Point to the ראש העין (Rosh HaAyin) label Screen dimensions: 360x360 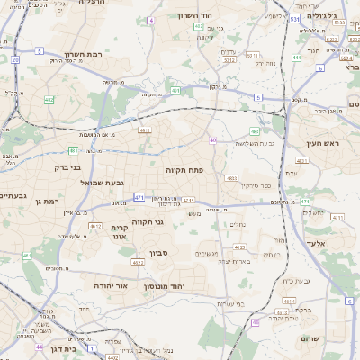click(319, 143)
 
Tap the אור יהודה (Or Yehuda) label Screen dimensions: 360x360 click(100, 285)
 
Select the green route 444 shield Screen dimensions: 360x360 click(296, 58)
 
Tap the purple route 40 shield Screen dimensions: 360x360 click(212, 140)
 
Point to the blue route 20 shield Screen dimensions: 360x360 click(15, 59)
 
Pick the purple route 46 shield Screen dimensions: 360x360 click(256, 321)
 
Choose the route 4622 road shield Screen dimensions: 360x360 click(137, 263)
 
